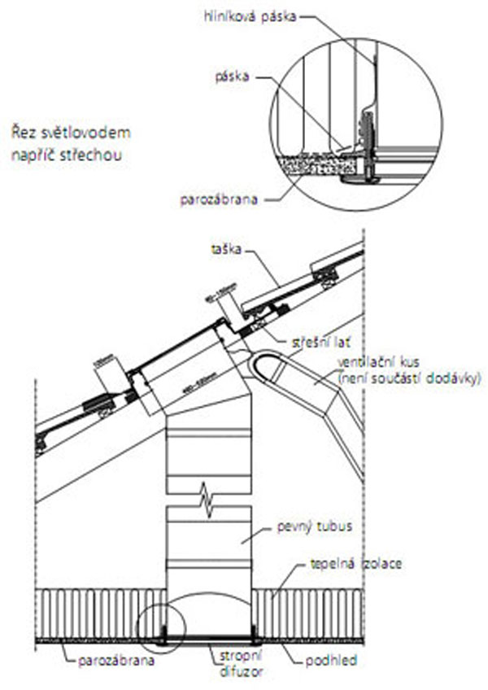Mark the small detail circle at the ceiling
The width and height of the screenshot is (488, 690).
[x=161, y=627]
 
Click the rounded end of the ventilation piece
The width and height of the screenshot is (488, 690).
[x=262, y=367]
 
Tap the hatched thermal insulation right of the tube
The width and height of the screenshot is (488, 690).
[x=309, y=614]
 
